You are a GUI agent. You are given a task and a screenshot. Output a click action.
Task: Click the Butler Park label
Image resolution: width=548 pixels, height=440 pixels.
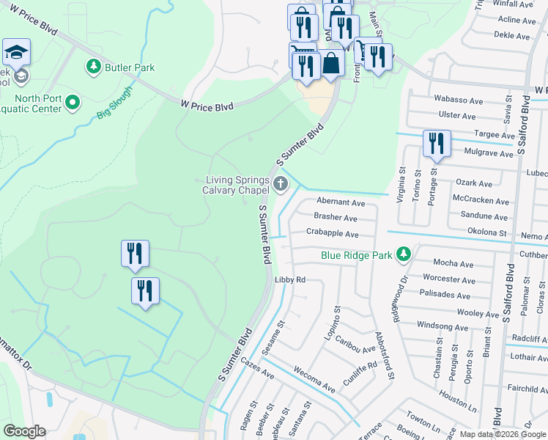click(x=130, y=67)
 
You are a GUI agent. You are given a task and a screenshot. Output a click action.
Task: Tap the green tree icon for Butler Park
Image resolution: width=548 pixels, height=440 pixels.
click(x=94, y=67)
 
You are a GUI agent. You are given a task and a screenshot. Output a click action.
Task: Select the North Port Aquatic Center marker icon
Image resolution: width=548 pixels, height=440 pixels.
click(x=73, y=103)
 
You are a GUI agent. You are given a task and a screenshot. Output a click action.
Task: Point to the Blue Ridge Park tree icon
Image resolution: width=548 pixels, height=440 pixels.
click(x=402, y=254)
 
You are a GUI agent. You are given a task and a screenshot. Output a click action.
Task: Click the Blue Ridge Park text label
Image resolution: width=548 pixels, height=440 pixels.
click(x=356, y=255)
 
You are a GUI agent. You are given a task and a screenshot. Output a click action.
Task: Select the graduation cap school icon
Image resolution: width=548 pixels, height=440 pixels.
click(x=16, y=53)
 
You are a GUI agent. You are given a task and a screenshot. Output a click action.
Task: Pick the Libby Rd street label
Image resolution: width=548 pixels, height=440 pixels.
click(x=289, y=280)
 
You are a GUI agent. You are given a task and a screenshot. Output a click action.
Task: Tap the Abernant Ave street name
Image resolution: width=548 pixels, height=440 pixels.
click(x=340, y=202)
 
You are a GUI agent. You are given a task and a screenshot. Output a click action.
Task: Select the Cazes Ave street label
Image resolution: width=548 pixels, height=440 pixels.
click(x=256, y=370)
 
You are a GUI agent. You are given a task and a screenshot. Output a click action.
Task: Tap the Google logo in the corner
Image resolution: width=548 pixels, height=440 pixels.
click(x=24, y=431)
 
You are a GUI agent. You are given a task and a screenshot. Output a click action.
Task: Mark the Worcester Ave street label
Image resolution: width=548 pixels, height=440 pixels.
click(x=449, y=279)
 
